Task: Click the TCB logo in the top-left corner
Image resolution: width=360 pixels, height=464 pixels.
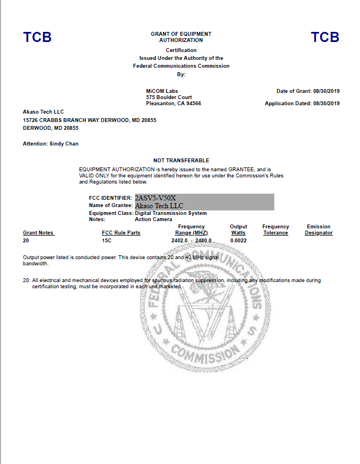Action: pyautogui.click(x=37, y=38)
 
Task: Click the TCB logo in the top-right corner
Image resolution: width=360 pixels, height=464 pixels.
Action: pyautogui.click(x=325, y=38)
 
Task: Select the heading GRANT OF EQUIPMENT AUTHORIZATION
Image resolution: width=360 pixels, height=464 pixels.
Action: pyautogui.click(x=181, y=37)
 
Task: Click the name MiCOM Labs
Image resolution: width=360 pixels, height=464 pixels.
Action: pyautogui.click(x=161, y=91)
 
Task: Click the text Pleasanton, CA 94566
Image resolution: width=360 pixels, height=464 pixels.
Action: pyautogui.click(x=173, y=104)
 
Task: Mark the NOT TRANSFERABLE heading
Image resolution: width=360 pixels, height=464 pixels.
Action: pyautogui.click(x=181, y=161)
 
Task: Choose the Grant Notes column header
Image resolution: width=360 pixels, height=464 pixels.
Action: pyautogui.click(x=39, y=233)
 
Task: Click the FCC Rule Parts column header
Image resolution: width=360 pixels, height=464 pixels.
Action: pyautogui.click(x=121, y=233)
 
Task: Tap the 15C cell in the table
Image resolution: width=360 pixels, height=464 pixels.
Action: pyautogui.click(x=106, y=241)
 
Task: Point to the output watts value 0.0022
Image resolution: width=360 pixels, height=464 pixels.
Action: pyautogui.click(x=238, y=241)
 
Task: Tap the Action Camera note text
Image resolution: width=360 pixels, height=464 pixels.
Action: pyautogui.click(x=154, y=219)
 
